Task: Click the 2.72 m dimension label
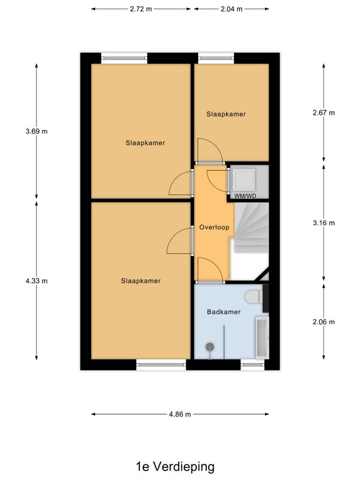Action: (x=141, y=9)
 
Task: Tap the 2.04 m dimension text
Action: (x=232, y=9)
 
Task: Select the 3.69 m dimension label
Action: (x=37, y=131)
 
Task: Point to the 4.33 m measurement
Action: (x=37, y=281)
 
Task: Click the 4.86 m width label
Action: (x=180, y=414)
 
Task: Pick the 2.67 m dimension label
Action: (x=323, y=113)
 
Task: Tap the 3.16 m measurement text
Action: (x=323, y=223)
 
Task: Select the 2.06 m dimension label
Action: (x=323, y=322)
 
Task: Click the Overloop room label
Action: (x=214, y=227)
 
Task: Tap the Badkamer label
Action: (x=224, y=312)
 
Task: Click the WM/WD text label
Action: (x=245, y=196)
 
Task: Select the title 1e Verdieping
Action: (x=175, y=467)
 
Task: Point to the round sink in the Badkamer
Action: (x=209, y=347)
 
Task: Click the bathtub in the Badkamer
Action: (x=262, y=338)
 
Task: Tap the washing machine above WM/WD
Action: (x=244, y=180)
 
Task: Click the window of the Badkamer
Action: (x=253, y=365)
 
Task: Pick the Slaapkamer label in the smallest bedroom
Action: (x=226, y=114)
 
